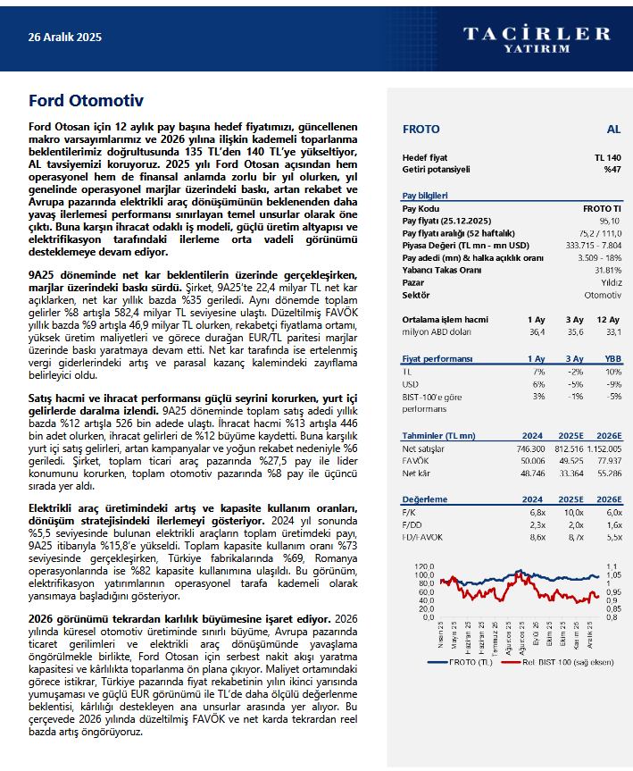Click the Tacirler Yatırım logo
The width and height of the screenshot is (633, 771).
pos(537,38)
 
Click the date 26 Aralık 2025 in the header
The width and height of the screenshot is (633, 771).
pos(65,38)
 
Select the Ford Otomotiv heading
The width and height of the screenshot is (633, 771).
pos(86,100)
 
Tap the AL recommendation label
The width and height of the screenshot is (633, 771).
pos(613,130)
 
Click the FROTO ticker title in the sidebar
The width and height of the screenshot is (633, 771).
pos(421,130)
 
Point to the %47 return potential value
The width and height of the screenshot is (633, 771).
pos(612,169)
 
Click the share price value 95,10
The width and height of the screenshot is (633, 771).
pos(610,220)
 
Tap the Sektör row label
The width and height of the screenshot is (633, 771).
pos(416,295)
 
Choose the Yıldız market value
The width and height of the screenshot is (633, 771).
pos(611,282)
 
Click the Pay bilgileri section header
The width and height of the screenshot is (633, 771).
pos(425,196)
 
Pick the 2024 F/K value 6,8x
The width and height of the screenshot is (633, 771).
pos(537,512)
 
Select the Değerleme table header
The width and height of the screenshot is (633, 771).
pos(425,499)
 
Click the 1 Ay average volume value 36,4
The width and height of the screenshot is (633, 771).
pos(536,331)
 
